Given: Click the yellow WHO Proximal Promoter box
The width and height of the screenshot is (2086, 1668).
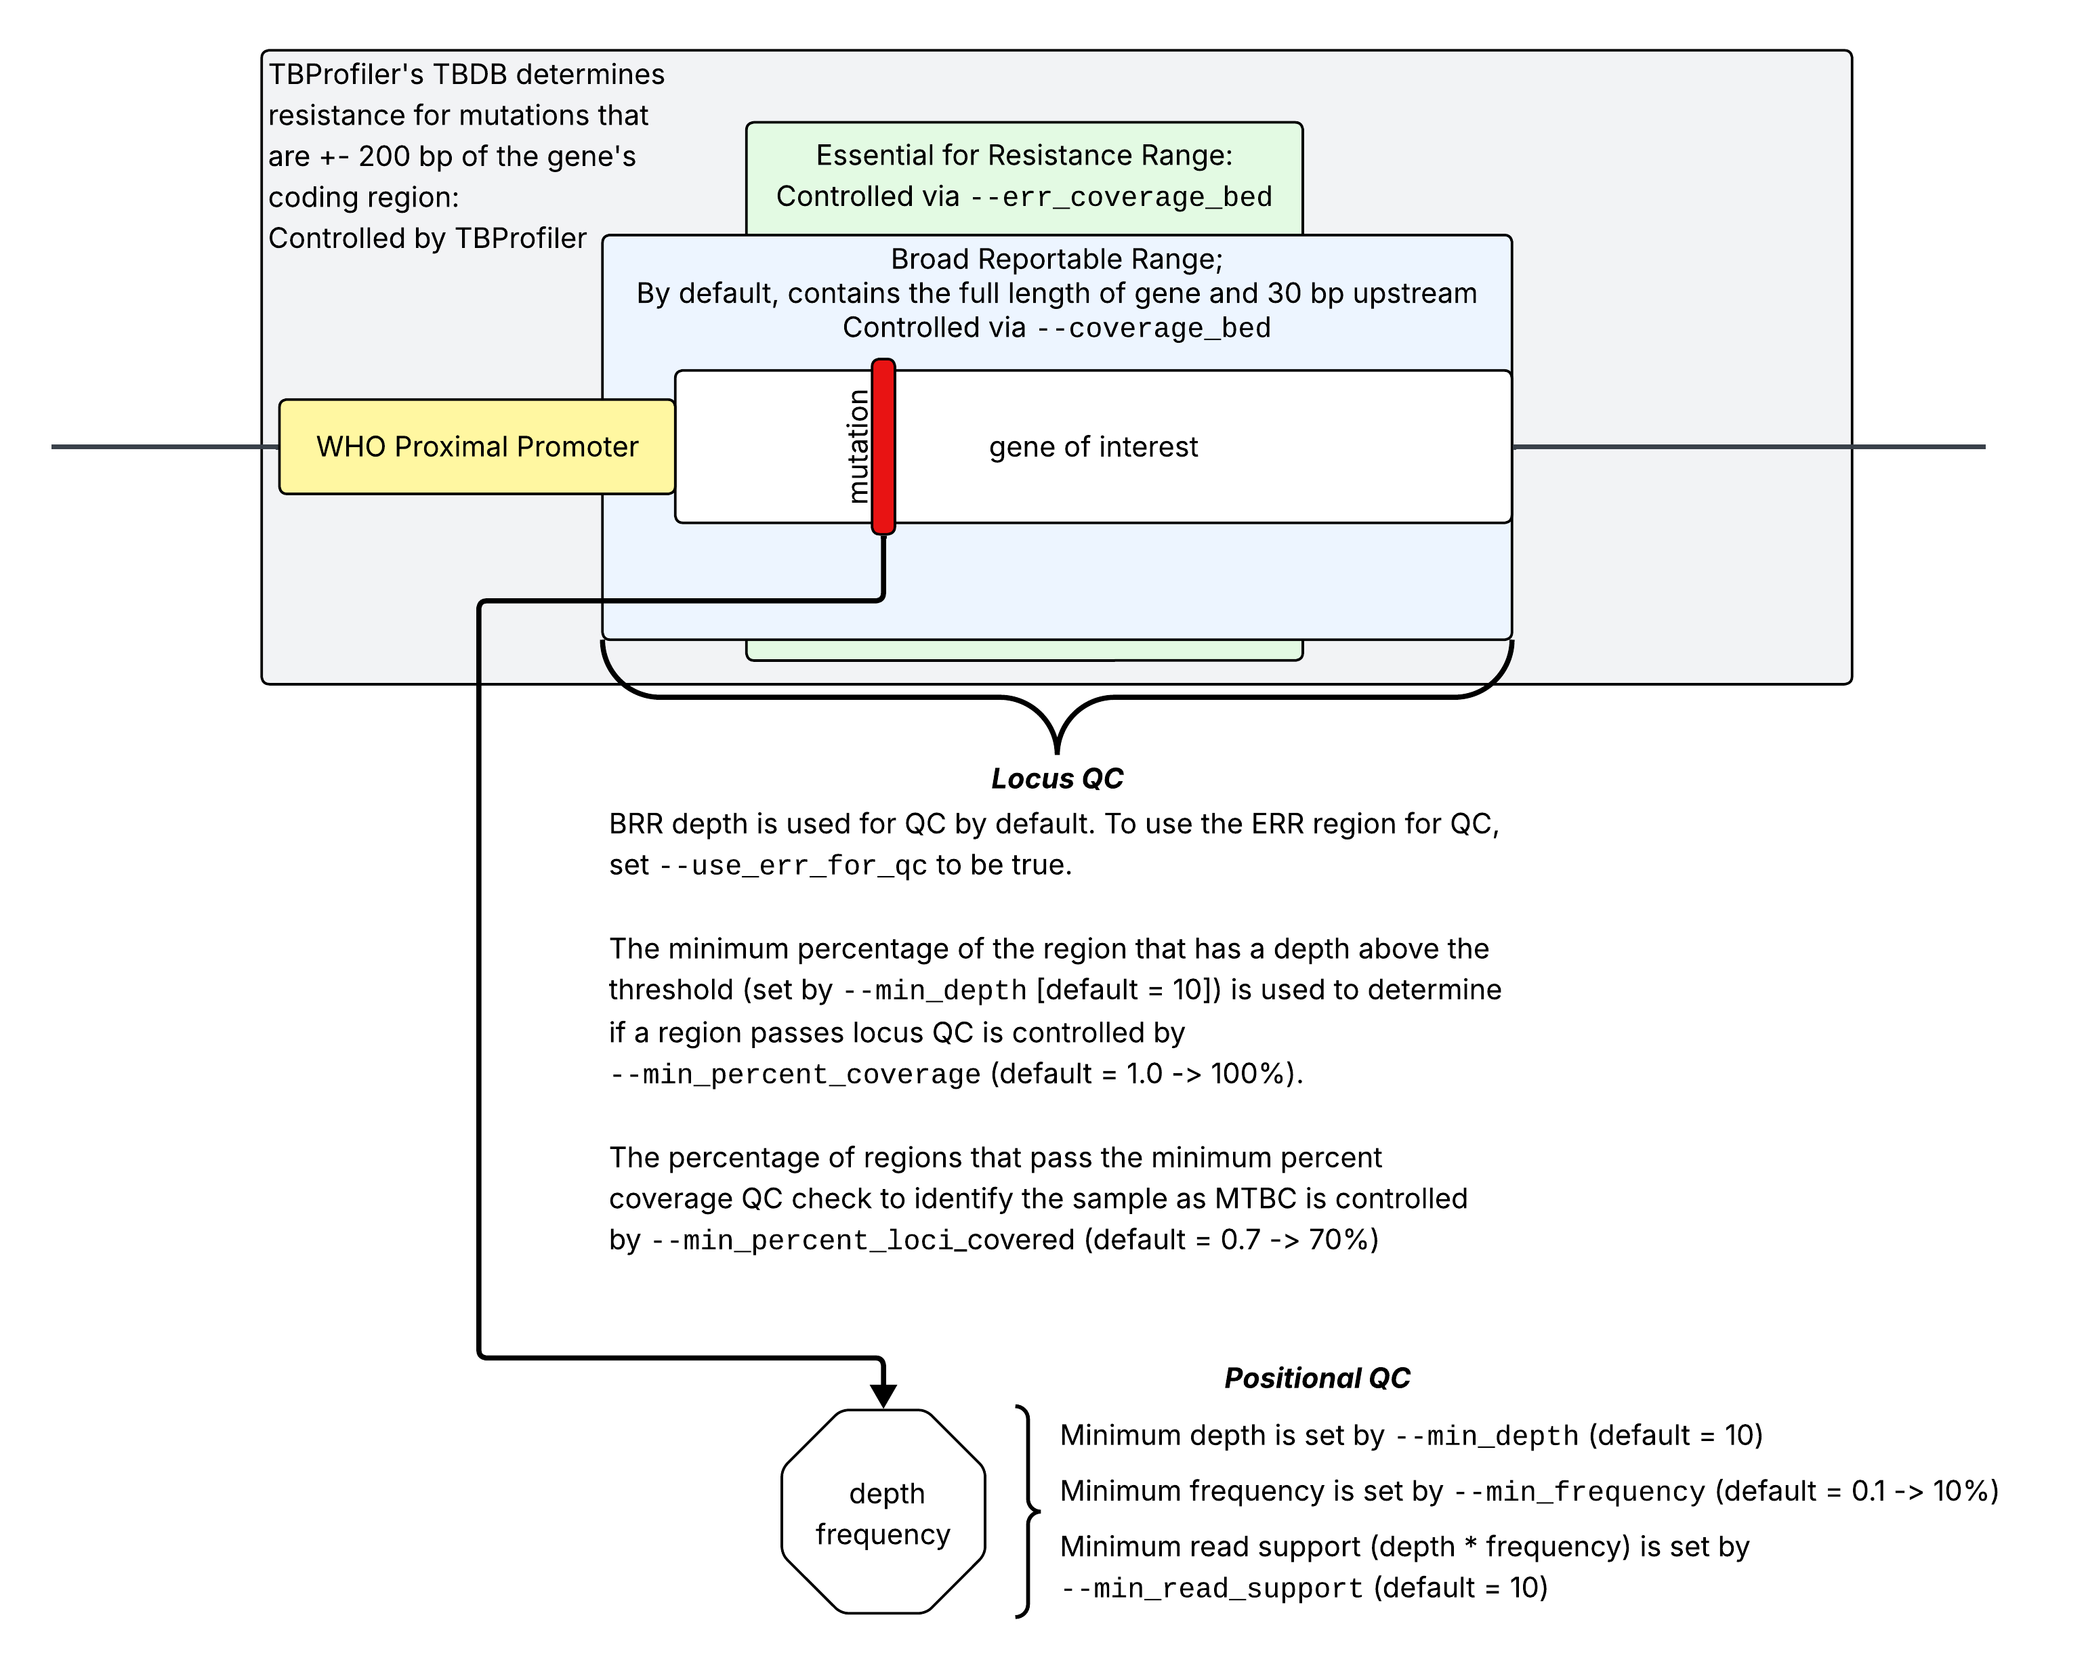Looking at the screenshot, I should (477, 447).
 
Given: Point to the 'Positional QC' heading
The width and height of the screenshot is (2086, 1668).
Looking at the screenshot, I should (1317, 1378).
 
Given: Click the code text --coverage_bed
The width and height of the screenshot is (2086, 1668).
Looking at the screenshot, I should (1153, 328).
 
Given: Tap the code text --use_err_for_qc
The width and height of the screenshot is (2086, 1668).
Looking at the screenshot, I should (793, 866).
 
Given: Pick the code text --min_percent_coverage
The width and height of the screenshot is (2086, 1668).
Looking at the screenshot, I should (795, 1075).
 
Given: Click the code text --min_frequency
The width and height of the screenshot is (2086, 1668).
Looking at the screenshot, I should (1579, 1492).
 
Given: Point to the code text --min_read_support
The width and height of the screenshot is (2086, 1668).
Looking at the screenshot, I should (1211, 1589).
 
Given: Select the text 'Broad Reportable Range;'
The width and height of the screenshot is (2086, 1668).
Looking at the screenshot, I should (1056, 259).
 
